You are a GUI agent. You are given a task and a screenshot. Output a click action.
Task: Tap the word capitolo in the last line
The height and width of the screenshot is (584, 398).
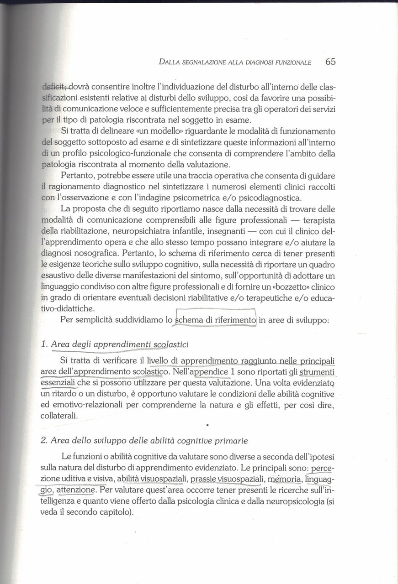115,511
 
